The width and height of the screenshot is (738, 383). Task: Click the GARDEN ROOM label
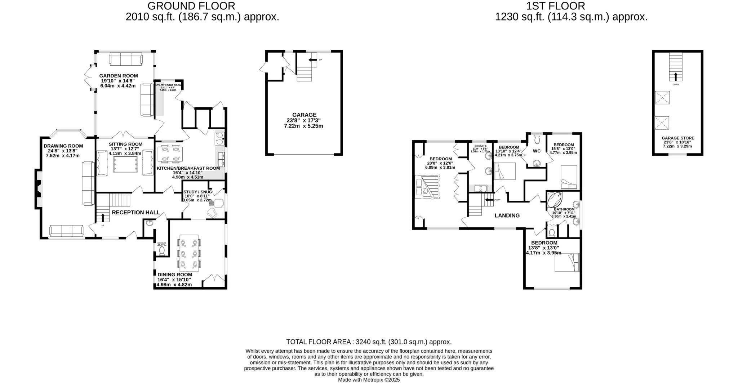[x=119, y=76]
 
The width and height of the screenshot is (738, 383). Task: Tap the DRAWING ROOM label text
[x=63, y=146]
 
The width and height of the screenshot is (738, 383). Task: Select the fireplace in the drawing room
[x=38, y=188]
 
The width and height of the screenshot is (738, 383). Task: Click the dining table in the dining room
[x=189, y=253]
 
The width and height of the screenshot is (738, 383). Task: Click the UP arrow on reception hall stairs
[x=103, y=217]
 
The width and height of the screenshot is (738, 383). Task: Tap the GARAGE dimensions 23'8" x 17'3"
[x=304, y=121]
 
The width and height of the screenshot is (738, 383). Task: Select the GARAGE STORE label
[x=677, y=138]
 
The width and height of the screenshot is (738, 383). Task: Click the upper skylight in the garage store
[x=662, y=98]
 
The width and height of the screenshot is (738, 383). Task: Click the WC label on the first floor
[x=537, y=151]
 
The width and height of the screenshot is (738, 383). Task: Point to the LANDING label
[x=507, y=215]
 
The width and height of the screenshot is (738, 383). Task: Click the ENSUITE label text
[x=480, y=146]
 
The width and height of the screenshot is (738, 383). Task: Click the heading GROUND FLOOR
[x=191, y=6]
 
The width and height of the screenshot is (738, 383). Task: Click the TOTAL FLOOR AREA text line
[x=369, y=342]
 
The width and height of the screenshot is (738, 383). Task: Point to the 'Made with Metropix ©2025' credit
[x=369, y=380]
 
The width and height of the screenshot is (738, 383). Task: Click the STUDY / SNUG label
[x=197, y=192]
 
